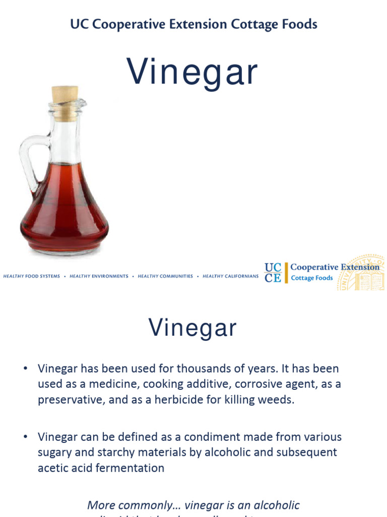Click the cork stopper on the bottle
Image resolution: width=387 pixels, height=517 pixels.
pyautogui.click(x=65, y=96)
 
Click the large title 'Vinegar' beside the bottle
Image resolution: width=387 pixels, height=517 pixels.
pyautogui.click(x=192, y=72)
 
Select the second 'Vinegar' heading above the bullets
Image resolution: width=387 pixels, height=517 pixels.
pyautogui.click(x=192, y=328)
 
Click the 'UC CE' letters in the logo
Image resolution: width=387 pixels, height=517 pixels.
pyautogui.click(x=273, y=273)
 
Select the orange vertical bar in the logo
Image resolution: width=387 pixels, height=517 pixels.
pyautogui.click(x=286, y=273)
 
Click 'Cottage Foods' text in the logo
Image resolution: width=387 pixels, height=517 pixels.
pyautogui.click(x=312, y=278)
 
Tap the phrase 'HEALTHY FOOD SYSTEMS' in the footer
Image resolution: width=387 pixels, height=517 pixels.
pyautogui.click(x=31, y=277)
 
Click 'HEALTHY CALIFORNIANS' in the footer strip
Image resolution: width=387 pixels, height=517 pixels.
pyautogui.click(x=231, y=277)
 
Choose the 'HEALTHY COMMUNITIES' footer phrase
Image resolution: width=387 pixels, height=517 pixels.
pyautogui.click(x=165, y=277)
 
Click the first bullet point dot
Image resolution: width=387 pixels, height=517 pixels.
pyautogui.click(x=25, y=369)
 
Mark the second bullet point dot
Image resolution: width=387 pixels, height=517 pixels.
pyautogui.click(x=25, y=437)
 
